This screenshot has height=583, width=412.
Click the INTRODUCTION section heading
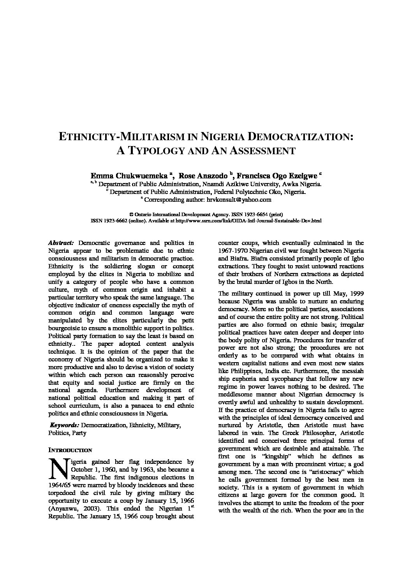(x=70, y=450)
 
